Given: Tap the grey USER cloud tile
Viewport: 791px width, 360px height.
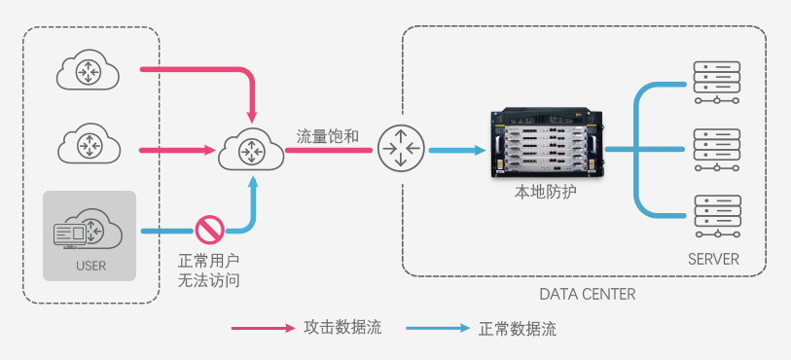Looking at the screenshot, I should tap(89, 235).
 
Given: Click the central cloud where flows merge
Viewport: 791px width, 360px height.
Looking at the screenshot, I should tap(252, 151).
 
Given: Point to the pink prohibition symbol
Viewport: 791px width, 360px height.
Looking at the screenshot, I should tap(209, 230).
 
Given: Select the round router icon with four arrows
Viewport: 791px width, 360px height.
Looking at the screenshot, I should tap(400, 150).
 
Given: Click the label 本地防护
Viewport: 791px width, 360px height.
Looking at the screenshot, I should tap(545, 193).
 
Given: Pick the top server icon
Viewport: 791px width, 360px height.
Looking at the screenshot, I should tap(715, 82).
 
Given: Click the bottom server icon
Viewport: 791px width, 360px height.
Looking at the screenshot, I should tap(715, 215).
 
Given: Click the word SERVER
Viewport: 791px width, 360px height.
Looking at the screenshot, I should tap(713, 259).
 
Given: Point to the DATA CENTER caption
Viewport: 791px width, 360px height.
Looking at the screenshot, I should tap(588, 294).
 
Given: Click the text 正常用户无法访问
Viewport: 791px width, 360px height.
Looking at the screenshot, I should tap(208, 271).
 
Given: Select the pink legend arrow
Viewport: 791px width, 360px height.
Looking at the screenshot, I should tap(262, 329).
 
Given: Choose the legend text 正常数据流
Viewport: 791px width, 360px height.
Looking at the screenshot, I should tap(518, 329).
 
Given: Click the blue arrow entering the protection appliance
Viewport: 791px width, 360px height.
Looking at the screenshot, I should tap(456, 150).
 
